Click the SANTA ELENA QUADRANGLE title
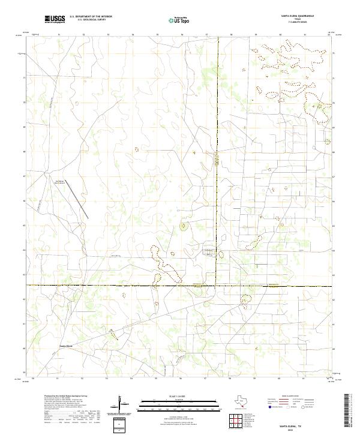(298, 16)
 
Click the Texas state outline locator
(240, 402)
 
